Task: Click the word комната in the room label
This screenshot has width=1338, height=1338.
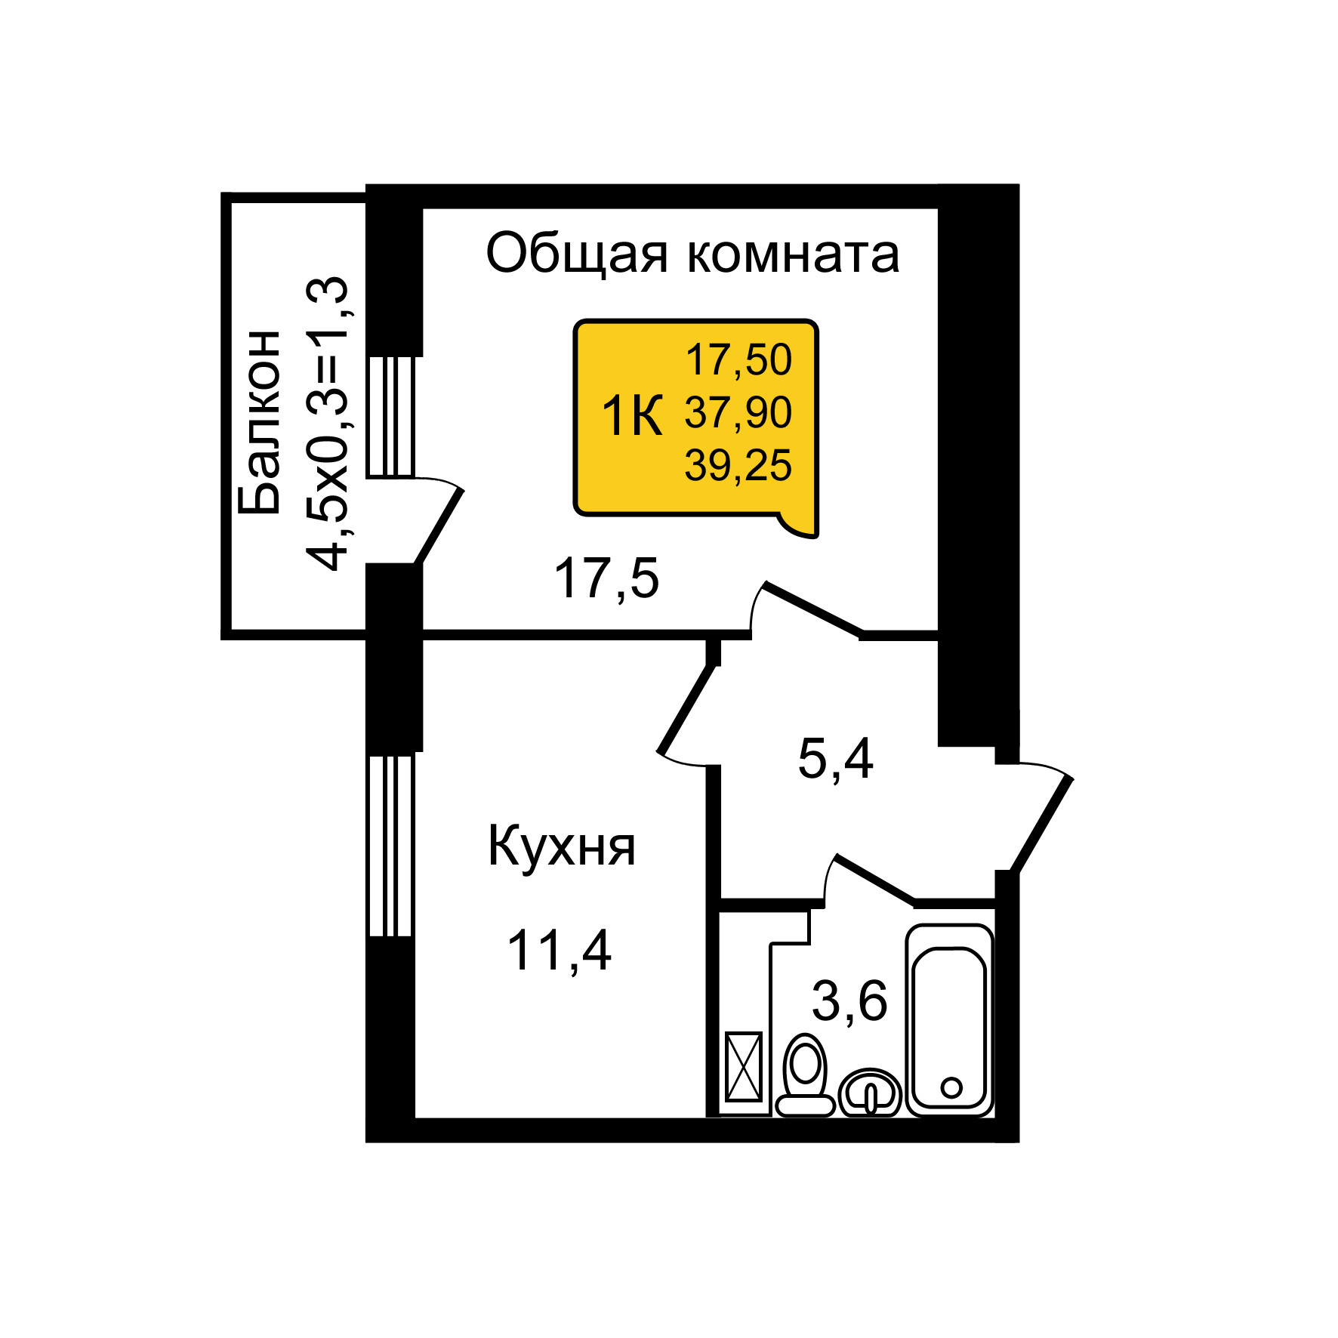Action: [x=793, y=254]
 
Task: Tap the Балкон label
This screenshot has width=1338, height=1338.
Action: [x=259, y=423]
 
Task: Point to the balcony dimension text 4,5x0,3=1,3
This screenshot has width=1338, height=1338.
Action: [x=328, y=424]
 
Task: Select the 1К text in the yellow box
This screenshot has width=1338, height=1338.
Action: [x=631, y=416]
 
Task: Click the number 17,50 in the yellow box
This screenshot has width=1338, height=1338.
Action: [x=738, y=359]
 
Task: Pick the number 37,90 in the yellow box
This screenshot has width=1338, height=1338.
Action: [x=738, y=412]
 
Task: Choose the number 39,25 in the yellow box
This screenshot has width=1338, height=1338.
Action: [x=738, y=465]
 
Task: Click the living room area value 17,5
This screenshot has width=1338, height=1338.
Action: [x=606, y=578]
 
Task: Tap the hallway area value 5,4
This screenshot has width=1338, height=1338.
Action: [x=835, y=759]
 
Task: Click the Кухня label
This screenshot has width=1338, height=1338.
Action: [x=561, y=846]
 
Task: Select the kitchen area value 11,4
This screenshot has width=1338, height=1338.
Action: [x=559, y=950]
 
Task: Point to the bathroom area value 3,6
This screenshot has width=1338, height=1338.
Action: [x=849, y=1001]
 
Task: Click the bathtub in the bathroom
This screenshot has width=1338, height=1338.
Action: [x=949, y=1019]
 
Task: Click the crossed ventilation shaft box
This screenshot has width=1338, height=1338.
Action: [x=744, y=1067]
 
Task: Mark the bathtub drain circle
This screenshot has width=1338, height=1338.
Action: [x=951, y=1087]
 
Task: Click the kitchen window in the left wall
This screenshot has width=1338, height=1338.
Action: [x=390, y=846]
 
